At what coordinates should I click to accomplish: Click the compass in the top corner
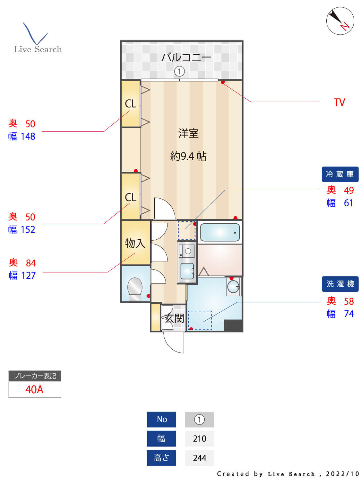click(x=340, y=21)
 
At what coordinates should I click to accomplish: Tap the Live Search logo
click(x=38, y=39)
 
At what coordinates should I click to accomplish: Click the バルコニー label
click(x=186, y=58)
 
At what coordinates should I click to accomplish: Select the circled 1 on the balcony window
click(x=179, y=71)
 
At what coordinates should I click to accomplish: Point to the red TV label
click(x=339, y=103)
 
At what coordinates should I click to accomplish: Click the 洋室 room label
click(x=188, y=133)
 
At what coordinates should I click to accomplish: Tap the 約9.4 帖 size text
click(x=188, y=156)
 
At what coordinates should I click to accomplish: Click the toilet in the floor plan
click(x=135, y=288)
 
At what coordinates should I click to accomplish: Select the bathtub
click(x=220, y=232)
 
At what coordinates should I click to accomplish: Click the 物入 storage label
click(x=135, y=243)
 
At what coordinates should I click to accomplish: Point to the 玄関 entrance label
click(x=174, y=318)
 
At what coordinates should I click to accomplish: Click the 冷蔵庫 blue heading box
click(x=340, y=174)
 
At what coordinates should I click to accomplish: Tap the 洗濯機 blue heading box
click(x=340, y=284)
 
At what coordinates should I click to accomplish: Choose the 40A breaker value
click(x=34, y=389)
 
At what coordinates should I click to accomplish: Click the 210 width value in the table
click(x=199, y=439)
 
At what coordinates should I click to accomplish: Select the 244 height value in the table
click(x=199, y=458)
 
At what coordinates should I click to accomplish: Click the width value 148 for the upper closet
click(x=28, y=137)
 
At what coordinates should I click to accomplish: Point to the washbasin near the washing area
click(x=233, y=286)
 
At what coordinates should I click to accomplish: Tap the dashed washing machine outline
click(x=200, y=320)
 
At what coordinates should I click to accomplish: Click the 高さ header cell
click(x=161, y=458)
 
